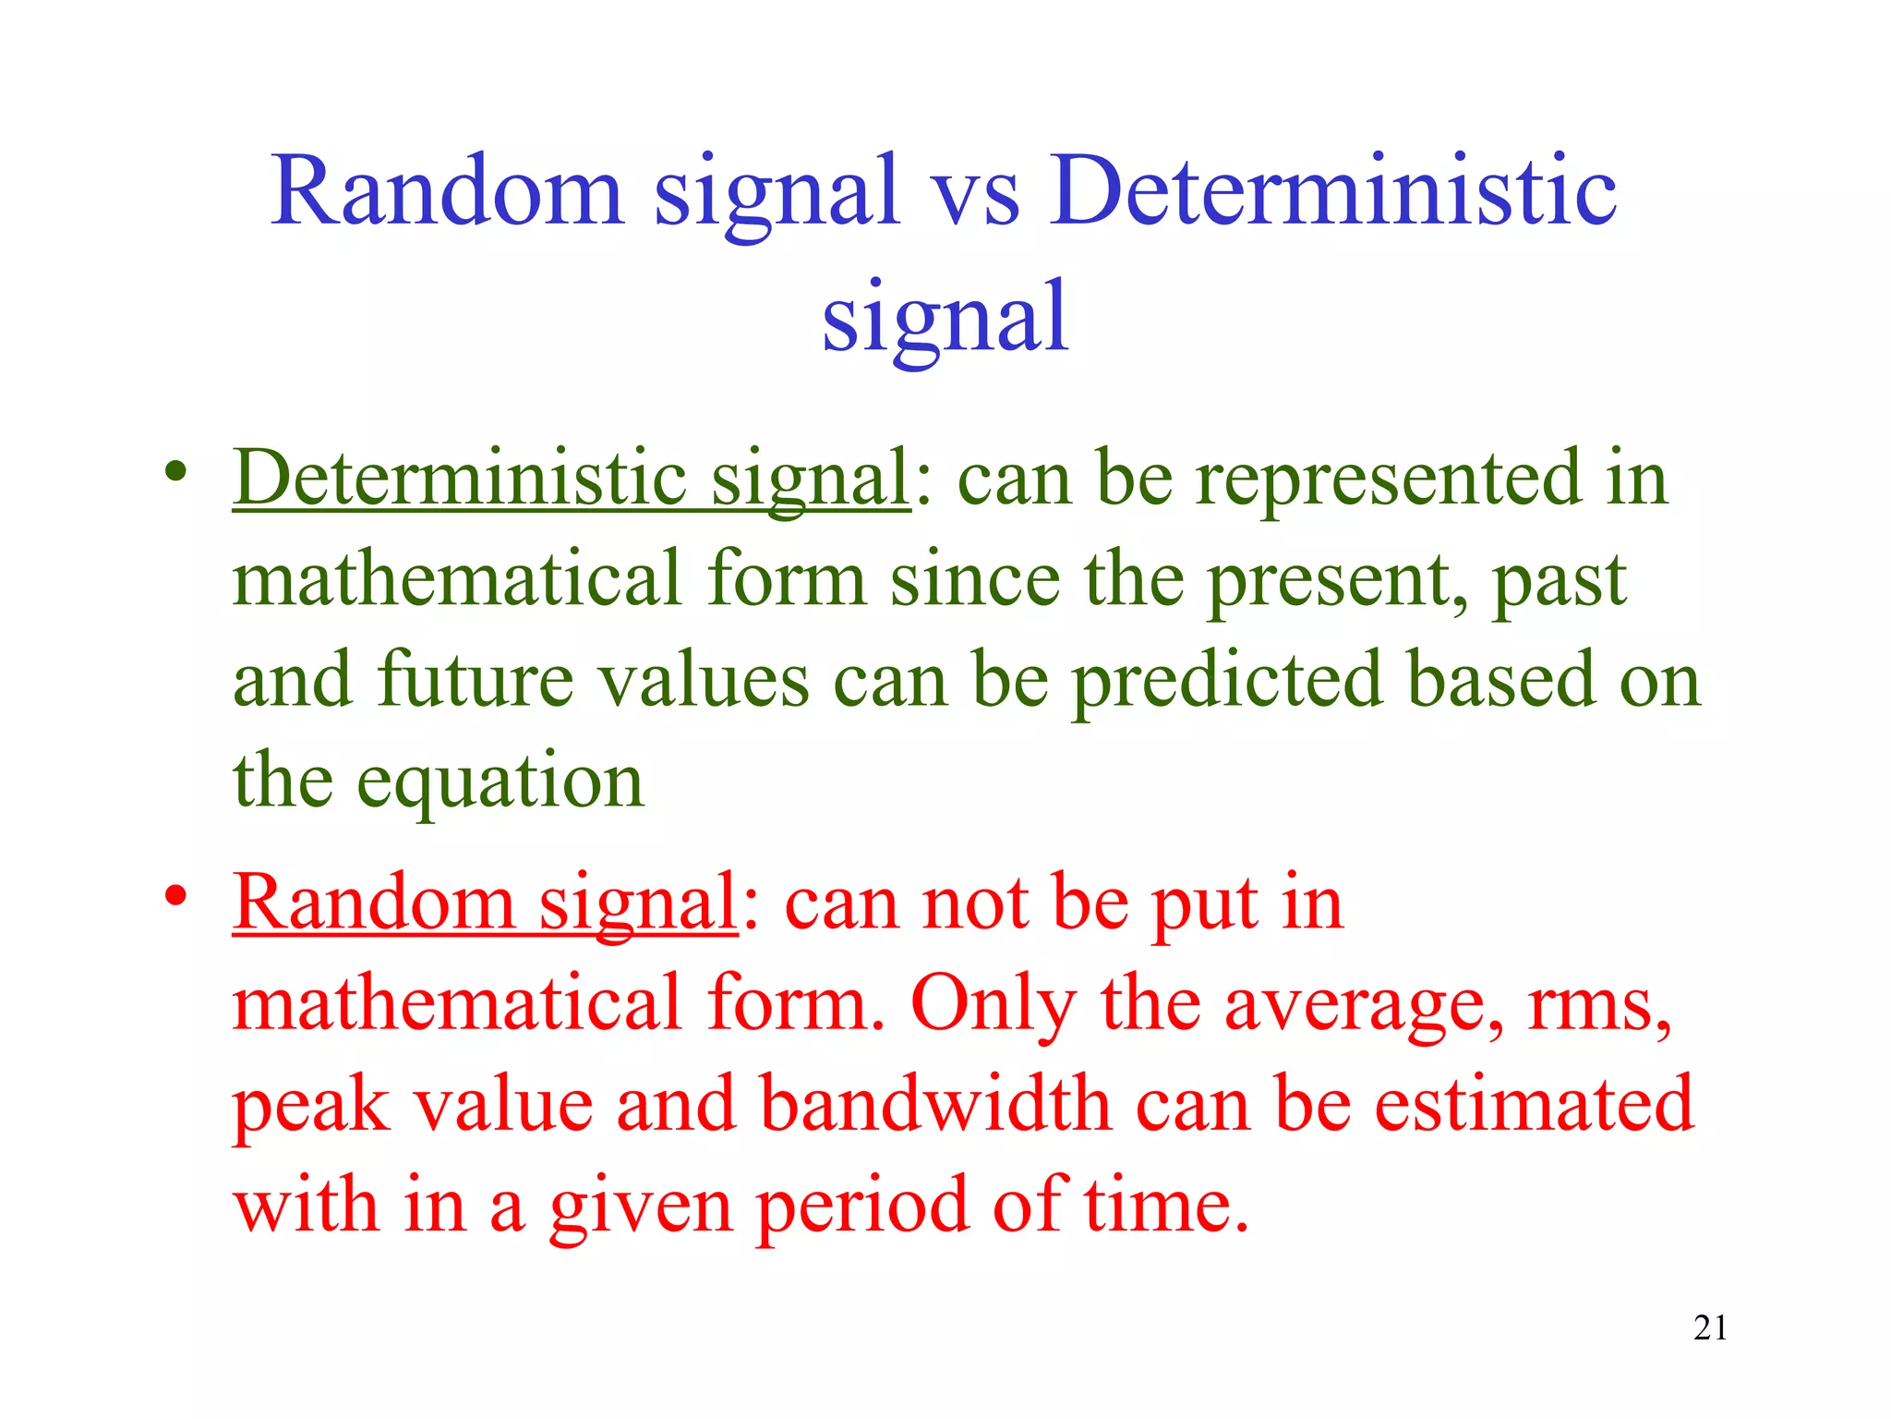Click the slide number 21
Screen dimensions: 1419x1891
tap(1710, 1328)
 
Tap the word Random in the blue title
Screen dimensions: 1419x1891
tap(447, 190)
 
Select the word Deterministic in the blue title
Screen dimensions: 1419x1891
tap(1333, 190)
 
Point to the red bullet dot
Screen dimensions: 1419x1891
tap(175, 896)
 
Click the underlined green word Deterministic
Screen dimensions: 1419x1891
tap(460, 479)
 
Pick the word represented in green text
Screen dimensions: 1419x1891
tap(1388, 480)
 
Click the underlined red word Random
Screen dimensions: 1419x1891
tap(373, 903)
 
